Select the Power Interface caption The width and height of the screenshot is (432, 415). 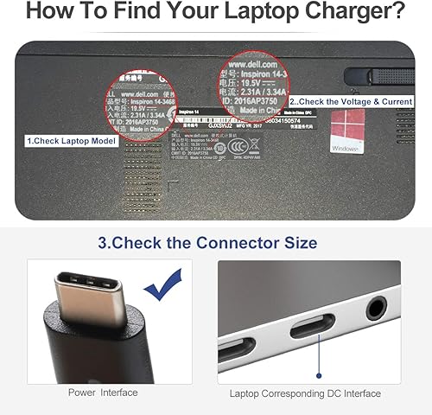pyautogui.click(x=102, y=393)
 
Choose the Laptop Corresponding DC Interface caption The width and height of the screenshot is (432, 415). pyautogui.click(x=304, y=393)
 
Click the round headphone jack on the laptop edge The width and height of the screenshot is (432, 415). pyautogui.click(x=376, y=308)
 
